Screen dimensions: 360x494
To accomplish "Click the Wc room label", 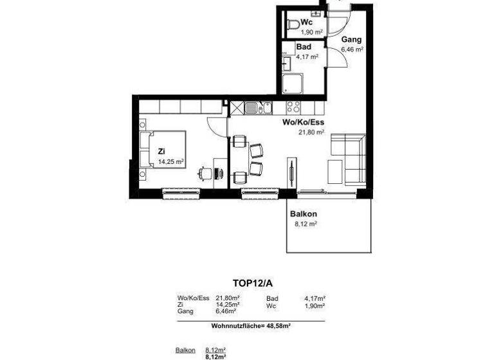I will pos(307,21).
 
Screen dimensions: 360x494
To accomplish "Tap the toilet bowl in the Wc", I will pos(293,25).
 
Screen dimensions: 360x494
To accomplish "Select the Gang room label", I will pos(352,39).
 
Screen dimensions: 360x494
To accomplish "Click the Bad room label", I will pos(304,48).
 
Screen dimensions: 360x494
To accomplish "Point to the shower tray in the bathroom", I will pos(293,82).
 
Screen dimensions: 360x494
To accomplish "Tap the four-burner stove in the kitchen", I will pos(294,107).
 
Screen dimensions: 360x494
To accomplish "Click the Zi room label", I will pos(161,152).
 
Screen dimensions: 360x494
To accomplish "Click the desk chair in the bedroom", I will pos(205,172).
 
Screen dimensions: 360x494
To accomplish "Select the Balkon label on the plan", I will pos(304,214).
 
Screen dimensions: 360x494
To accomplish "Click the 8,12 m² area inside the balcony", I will pos(304,224).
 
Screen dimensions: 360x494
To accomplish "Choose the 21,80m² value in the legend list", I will pos(228,298).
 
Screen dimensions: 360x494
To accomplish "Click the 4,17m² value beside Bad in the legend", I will pos(315,298).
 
